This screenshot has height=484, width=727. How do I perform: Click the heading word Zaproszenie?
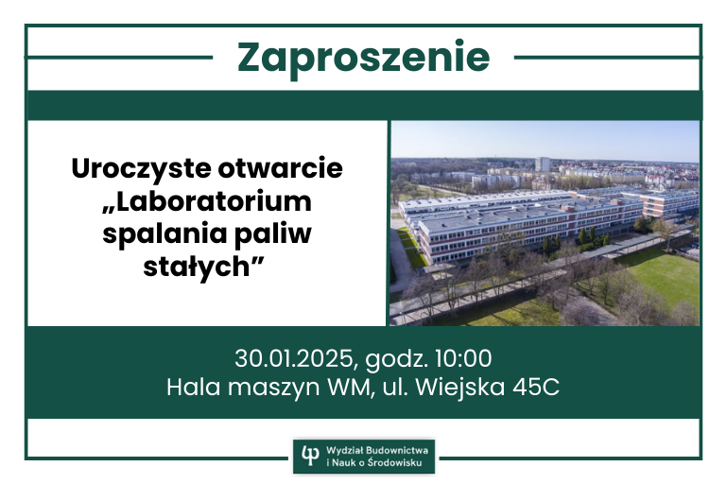click(x=363, y=59)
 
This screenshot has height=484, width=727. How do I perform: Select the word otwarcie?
click(x=280, y=168)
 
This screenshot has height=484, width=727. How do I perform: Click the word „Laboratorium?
click(x=207, y=201)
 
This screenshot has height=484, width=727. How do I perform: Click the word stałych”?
click(x=203, y=268)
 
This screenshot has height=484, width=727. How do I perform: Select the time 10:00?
click(x=463, y=358)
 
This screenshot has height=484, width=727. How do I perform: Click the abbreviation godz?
click(x=396, y=359)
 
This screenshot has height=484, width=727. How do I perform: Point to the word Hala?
click(x=193, y=388)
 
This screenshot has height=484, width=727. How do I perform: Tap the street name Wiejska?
click(x=460, y=388)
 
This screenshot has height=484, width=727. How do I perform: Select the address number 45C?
click(x=536, y=388)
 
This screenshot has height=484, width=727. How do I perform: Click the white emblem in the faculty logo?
click(x=310, y=456)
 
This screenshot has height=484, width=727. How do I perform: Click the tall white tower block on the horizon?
click(x=543, y=164)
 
